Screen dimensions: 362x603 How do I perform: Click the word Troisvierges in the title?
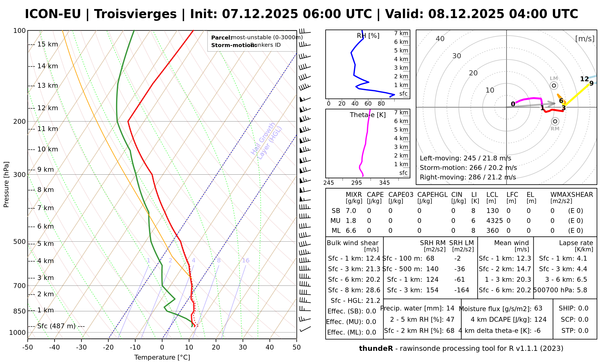point(135,14)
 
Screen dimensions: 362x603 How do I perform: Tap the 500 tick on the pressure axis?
point(20,242)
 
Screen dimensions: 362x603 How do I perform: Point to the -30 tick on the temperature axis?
point(81,348)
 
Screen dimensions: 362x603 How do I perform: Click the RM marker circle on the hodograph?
point(555,121)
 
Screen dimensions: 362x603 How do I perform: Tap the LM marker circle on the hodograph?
point(554,86)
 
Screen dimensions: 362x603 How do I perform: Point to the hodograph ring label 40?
point(440,39)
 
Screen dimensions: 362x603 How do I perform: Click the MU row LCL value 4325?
point(494,221)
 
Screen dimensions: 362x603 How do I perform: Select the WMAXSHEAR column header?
point(572,195)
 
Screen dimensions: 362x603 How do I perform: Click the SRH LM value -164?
point(462,290)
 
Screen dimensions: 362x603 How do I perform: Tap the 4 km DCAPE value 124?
point(540,319)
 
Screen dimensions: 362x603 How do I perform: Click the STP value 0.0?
point(583,331)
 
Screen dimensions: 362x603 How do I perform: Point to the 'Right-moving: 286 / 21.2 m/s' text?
point(468,177)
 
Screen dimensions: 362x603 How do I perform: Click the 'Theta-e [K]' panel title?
point(368,115)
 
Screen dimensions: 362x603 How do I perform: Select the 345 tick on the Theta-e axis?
point(384,183)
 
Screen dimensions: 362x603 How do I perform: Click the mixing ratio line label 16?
point(246,261)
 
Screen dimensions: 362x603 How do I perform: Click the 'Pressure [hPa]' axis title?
point(6,184)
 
